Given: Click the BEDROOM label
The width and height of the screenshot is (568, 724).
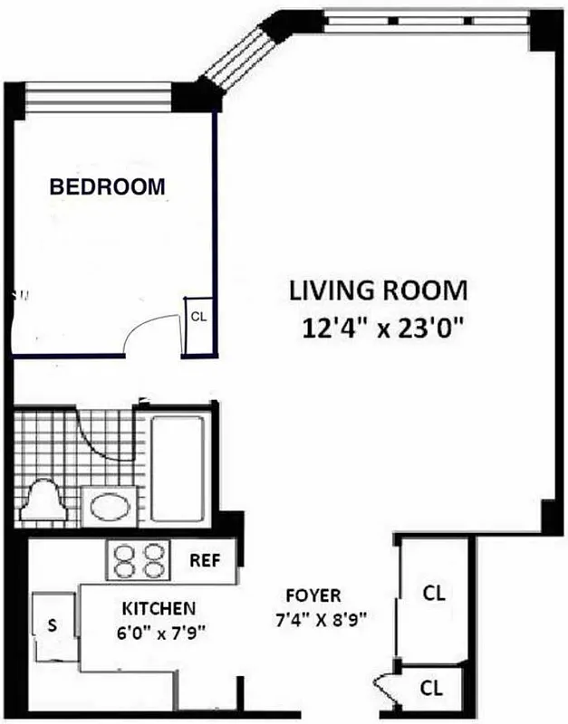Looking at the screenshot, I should point(107,187).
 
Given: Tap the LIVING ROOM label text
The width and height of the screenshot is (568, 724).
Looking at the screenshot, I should point(378,291).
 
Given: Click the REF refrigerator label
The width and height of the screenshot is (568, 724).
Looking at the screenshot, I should point(205,558).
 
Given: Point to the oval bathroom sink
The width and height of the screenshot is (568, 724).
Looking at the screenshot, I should point(110,505).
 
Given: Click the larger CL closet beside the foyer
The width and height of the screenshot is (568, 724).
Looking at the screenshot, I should point(434,595).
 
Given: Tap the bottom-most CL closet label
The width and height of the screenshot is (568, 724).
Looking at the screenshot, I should point(434,689).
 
